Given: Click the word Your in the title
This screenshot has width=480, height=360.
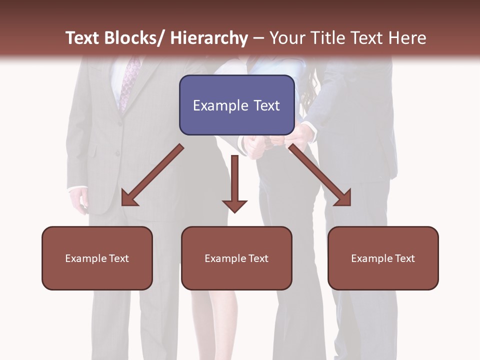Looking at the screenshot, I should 288,38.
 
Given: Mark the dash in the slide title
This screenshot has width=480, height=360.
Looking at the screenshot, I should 258,38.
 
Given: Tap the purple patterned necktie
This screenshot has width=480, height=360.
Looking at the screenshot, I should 129,82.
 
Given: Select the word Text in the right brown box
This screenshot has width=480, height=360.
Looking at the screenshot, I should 404,258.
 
